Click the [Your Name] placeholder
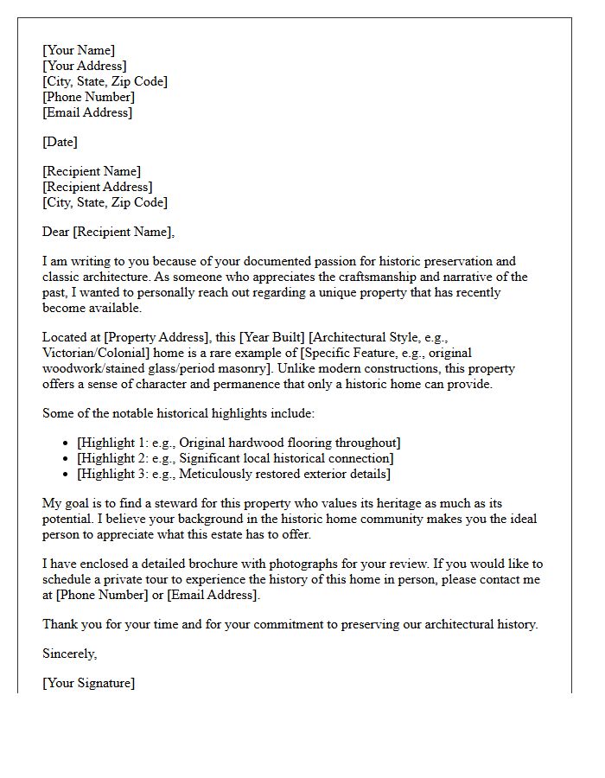pyautogui.click(x=79, y=50)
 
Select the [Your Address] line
pyautogui.click(x=85, y=66)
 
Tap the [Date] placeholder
pyautogui.click(x=60, y=142)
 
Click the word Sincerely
pyautogui.click(x=69, y=654)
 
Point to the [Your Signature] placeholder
pyautogui.click(x=89, y=683)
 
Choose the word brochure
pyautogui.click(x=228, y=564)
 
